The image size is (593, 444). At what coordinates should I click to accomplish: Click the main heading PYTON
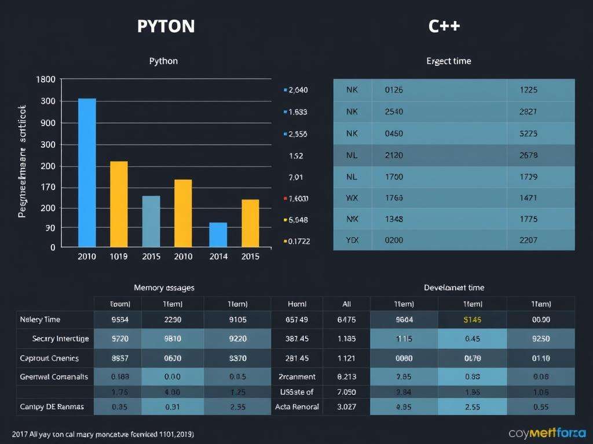(166, 27)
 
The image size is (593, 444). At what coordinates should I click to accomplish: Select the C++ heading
(444, 27)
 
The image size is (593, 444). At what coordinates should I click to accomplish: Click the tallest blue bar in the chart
(87, 172)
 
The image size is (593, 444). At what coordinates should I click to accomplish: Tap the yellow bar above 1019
(119, 203)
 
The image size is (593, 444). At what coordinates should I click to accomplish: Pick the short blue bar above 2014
(218, 234)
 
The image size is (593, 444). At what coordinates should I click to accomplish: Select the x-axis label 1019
(119, 257)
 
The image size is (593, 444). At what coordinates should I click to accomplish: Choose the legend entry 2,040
(297, 90)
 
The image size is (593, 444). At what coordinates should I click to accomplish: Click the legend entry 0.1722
(298, 242)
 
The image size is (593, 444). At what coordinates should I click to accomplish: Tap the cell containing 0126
(394, 90)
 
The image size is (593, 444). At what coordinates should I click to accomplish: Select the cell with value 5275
(529, 134)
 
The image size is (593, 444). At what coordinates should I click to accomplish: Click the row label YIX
(353, 240)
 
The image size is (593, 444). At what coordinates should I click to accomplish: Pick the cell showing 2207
(529, 240)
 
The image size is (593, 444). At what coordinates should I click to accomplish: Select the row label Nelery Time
(40, 320)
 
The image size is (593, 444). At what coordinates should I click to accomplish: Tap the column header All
(346, 304)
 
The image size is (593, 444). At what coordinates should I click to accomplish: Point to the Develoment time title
(454, 287)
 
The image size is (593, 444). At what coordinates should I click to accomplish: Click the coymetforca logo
(547, 433)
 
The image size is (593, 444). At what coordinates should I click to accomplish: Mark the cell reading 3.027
(346, 406)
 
